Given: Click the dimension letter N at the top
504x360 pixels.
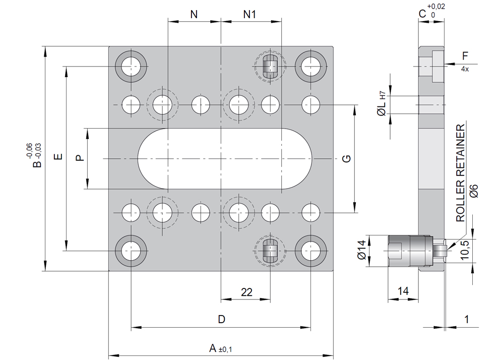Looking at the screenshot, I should (194, 14).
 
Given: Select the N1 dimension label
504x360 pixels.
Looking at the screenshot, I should (250, 14).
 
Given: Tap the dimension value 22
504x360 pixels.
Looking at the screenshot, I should (246, 292).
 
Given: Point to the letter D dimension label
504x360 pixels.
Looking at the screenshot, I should (221, 319).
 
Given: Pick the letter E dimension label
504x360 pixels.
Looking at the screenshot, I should (58, 157).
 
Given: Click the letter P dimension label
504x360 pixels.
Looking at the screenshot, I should (79, 158).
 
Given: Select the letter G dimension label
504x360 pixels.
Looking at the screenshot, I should (346, 159).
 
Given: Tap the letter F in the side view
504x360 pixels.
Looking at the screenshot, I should (465, 55).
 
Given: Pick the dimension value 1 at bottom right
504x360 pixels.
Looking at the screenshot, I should (467, 319).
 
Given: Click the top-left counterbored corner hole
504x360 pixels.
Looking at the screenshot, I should (131, 65).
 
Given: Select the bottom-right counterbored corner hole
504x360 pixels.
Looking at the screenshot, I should (310, 250).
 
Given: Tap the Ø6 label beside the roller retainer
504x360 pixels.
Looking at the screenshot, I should (473, 191).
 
